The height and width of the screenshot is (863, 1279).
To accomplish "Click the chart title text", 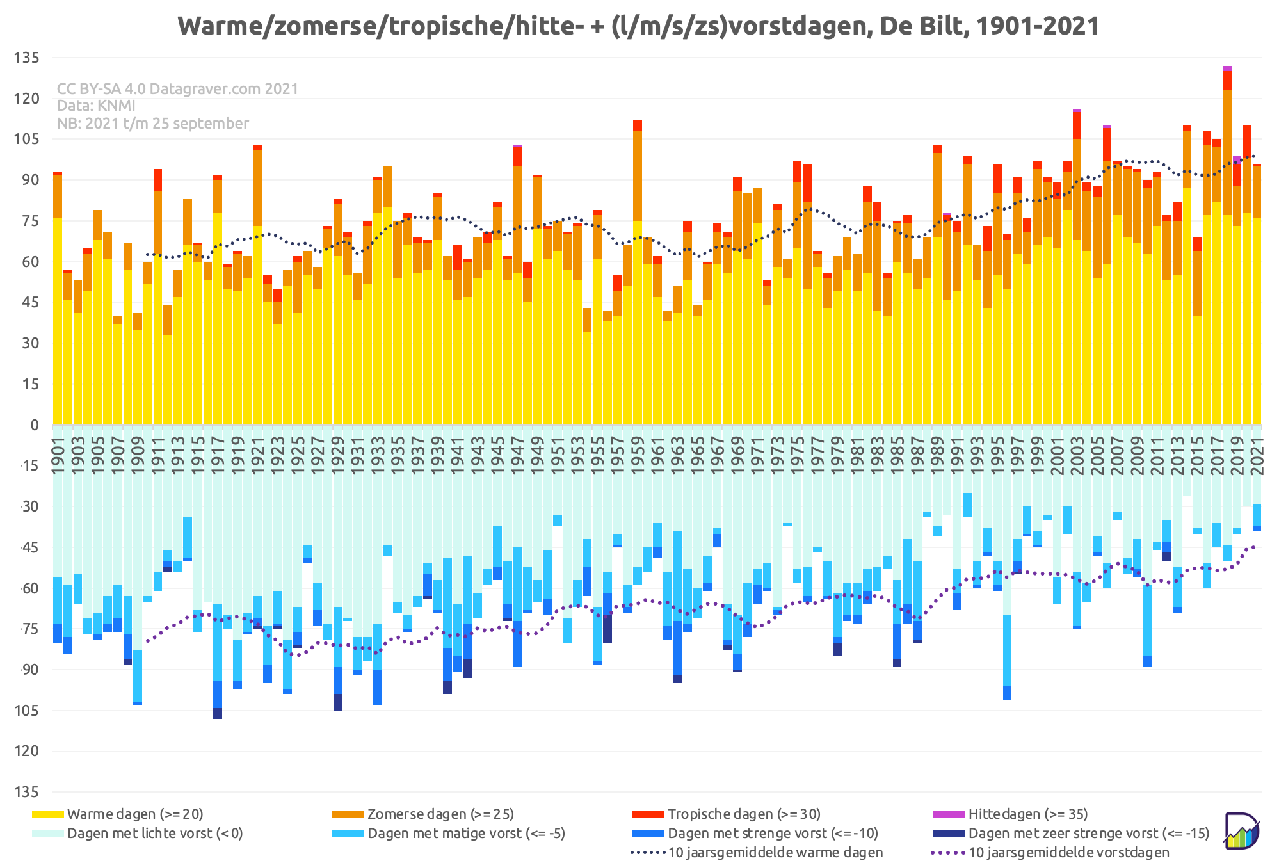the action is pos(638,26).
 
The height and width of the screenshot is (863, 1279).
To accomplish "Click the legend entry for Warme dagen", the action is pos(118,814).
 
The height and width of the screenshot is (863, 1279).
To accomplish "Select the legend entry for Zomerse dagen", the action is pos(423,814).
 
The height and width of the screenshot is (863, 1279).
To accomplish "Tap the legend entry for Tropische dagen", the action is pos(727,814).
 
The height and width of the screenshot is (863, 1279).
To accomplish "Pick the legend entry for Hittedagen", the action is pos(1010,814).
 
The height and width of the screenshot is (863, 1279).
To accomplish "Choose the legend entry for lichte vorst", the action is pos(138,833).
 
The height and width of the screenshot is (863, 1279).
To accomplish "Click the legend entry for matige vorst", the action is pos(449,833).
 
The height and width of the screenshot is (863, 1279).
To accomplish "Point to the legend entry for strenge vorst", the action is pos(755,833).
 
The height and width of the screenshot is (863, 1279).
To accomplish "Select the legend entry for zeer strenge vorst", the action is pos(1071,833).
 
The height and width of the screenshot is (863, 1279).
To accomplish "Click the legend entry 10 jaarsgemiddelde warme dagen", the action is pos(757,852).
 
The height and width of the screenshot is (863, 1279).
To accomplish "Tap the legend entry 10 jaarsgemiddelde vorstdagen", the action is pos(1050,852).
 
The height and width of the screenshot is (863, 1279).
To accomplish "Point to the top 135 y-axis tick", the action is pos(27,58).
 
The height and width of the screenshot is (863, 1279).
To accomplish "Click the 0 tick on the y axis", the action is pos(35,425).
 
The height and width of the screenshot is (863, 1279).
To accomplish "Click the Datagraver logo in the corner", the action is pos(1242,831).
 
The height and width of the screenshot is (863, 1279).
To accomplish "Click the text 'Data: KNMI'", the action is pos(96,106).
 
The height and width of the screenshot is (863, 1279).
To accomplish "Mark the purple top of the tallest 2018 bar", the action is pos(1227,69).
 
